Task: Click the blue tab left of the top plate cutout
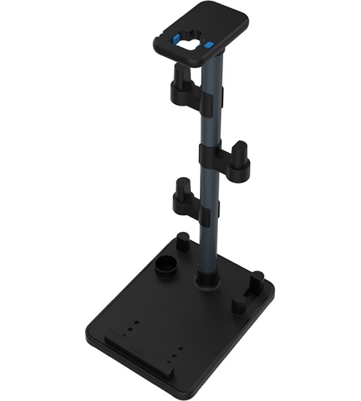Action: (x=177, y=39)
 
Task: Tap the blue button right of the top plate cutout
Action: (x=209, y=44)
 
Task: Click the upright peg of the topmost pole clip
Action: (x=180, y=76)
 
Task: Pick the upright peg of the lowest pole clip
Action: (x=181, y=187)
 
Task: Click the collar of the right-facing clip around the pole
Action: (x=211, y=155)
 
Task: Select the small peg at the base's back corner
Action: (x=184, y=240)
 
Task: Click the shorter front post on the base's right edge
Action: (x=238, y=303)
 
